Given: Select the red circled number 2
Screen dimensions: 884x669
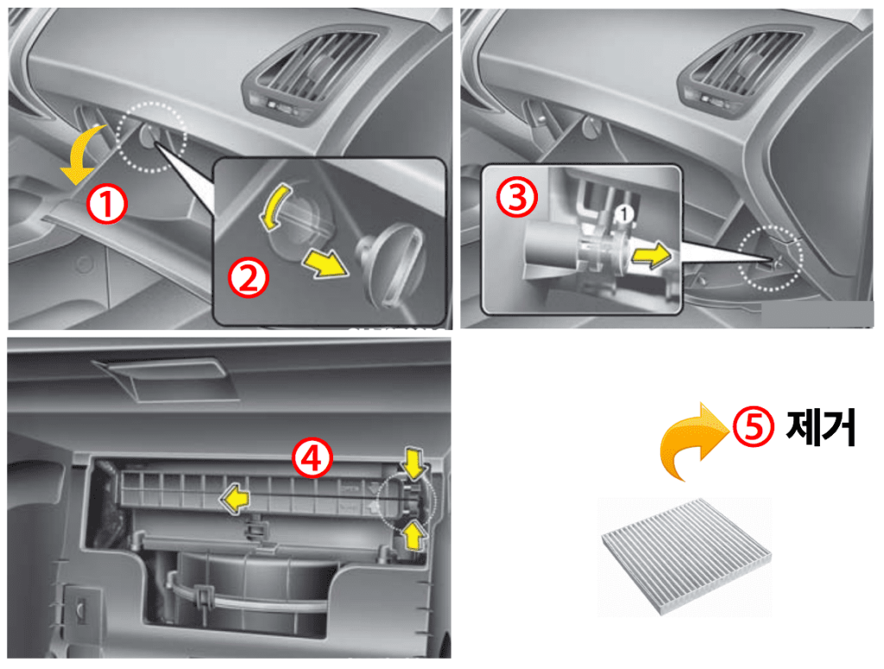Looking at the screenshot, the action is (248, 277).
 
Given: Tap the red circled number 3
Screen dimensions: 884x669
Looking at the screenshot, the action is (516, 197).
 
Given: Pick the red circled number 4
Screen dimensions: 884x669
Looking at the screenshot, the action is (313, 458).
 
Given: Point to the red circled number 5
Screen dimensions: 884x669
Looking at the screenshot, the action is (754, 426).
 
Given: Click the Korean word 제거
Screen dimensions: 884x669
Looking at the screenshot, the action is (821, 427).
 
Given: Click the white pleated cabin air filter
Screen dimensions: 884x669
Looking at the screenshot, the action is (686, 556).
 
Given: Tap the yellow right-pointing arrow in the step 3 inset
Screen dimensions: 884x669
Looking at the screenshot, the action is (652, 256).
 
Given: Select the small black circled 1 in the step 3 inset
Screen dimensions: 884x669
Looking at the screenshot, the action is (623, 213).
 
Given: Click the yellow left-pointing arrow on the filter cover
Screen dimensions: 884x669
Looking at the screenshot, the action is (235, 499).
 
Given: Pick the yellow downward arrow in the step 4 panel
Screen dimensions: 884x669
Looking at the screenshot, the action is (414, 463).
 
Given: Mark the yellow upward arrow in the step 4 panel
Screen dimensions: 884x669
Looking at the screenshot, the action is (414, 535).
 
